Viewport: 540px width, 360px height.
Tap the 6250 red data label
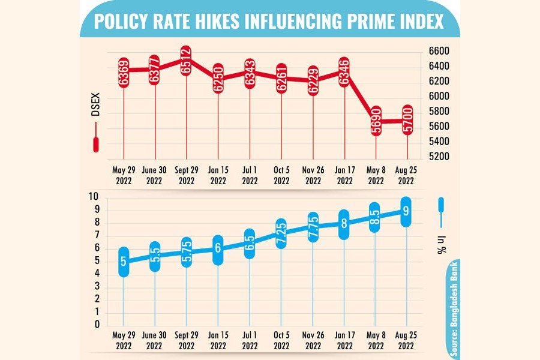[x=218, y=78]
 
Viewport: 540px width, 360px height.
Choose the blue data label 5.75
[x=187, y=251]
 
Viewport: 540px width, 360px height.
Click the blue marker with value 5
[x=124, y=262]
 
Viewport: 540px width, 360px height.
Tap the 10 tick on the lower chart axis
[x=94, y=197]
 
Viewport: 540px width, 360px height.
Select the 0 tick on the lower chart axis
[x=96, y=325]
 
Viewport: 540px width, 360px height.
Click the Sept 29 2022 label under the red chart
[x=187, y=175]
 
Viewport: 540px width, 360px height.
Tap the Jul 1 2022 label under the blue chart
[x=250, y=341]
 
